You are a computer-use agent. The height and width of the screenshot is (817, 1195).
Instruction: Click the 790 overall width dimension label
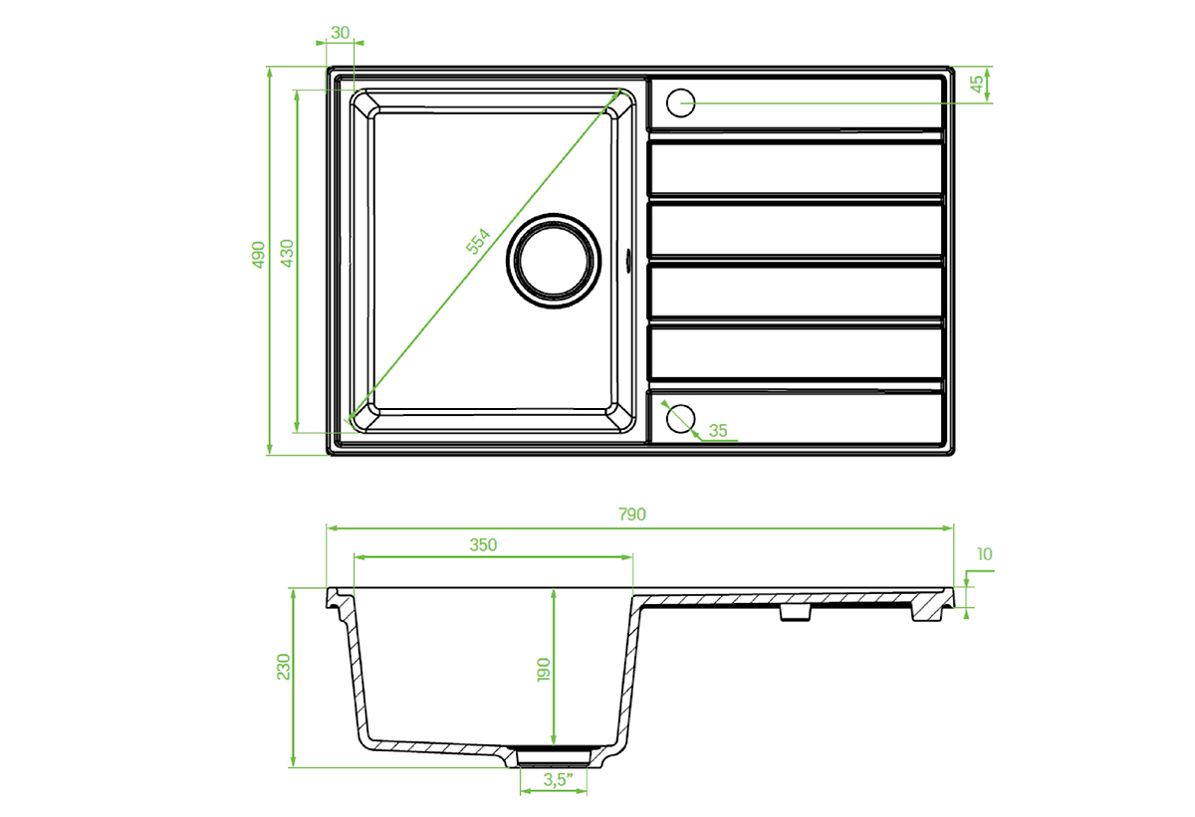631,514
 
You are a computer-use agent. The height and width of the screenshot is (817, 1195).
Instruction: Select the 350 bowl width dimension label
483,544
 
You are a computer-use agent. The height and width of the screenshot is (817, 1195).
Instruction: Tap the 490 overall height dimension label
258,255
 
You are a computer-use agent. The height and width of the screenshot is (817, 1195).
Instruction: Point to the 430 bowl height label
287,253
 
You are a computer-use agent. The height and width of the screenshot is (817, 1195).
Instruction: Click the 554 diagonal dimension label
477,242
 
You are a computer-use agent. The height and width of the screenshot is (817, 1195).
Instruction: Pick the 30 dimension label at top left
340,33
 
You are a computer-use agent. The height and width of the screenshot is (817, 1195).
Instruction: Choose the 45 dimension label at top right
976,84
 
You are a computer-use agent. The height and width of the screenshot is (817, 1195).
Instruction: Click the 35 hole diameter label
718,431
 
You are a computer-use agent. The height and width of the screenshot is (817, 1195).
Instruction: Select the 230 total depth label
283,667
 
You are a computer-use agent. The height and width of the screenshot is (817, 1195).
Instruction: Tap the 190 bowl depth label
543,670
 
